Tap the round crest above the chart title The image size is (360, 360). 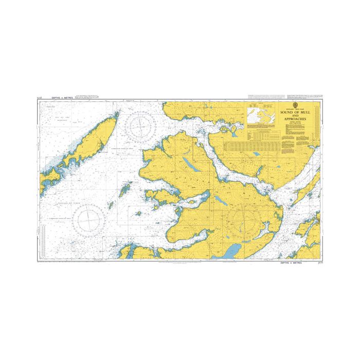point(295,105)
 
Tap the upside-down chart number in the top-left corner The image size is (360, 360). point(40,97)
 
